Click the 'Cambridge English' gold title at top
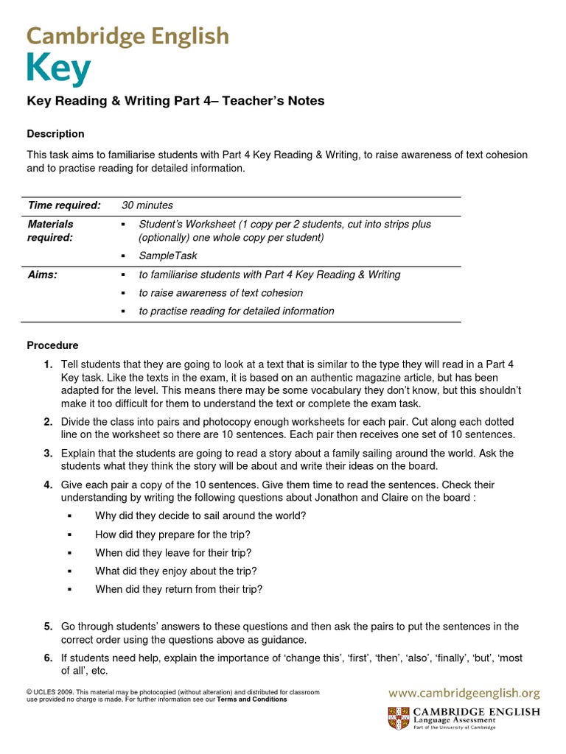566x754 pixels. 127,35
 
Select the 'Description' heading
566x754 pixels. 55,134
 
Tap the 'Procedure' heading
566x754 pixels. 52,345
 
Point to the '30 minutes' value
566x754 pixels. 147,205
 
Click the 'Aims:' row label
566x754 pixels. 42,275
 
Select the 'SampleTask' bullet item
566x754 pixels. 168,256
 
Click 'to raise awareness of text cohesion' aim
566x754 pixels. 220,293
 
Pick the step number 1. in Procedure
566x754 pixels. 47,364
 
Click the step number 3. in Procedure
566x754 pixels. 47,453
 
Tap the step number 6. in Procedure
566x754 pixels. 47,658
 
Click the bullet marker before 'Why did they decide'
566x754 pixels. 70,516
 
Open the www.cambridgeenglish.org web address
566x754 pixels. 464,693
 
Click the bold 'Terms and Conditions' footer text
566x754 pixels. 251,700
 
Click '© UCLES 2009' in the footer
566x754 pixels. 50,693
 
